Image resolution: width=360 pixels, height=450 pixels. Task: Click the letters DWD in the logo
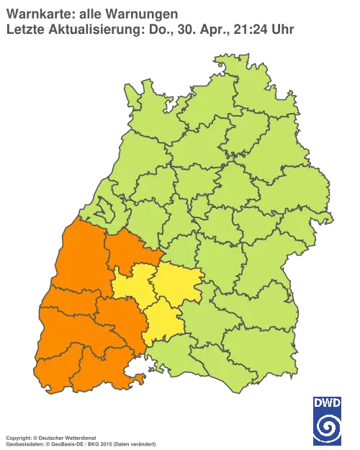tap(327, 402)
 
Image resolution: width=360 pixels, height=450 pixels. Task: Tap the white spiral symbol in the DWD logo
tap(327, 428)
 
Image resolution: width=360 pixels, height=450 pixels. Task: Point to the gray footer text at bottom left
tap(79, 438)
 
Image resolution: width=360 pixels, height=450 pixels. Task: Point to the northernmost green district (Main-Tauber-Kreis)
tap(238, 79)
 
